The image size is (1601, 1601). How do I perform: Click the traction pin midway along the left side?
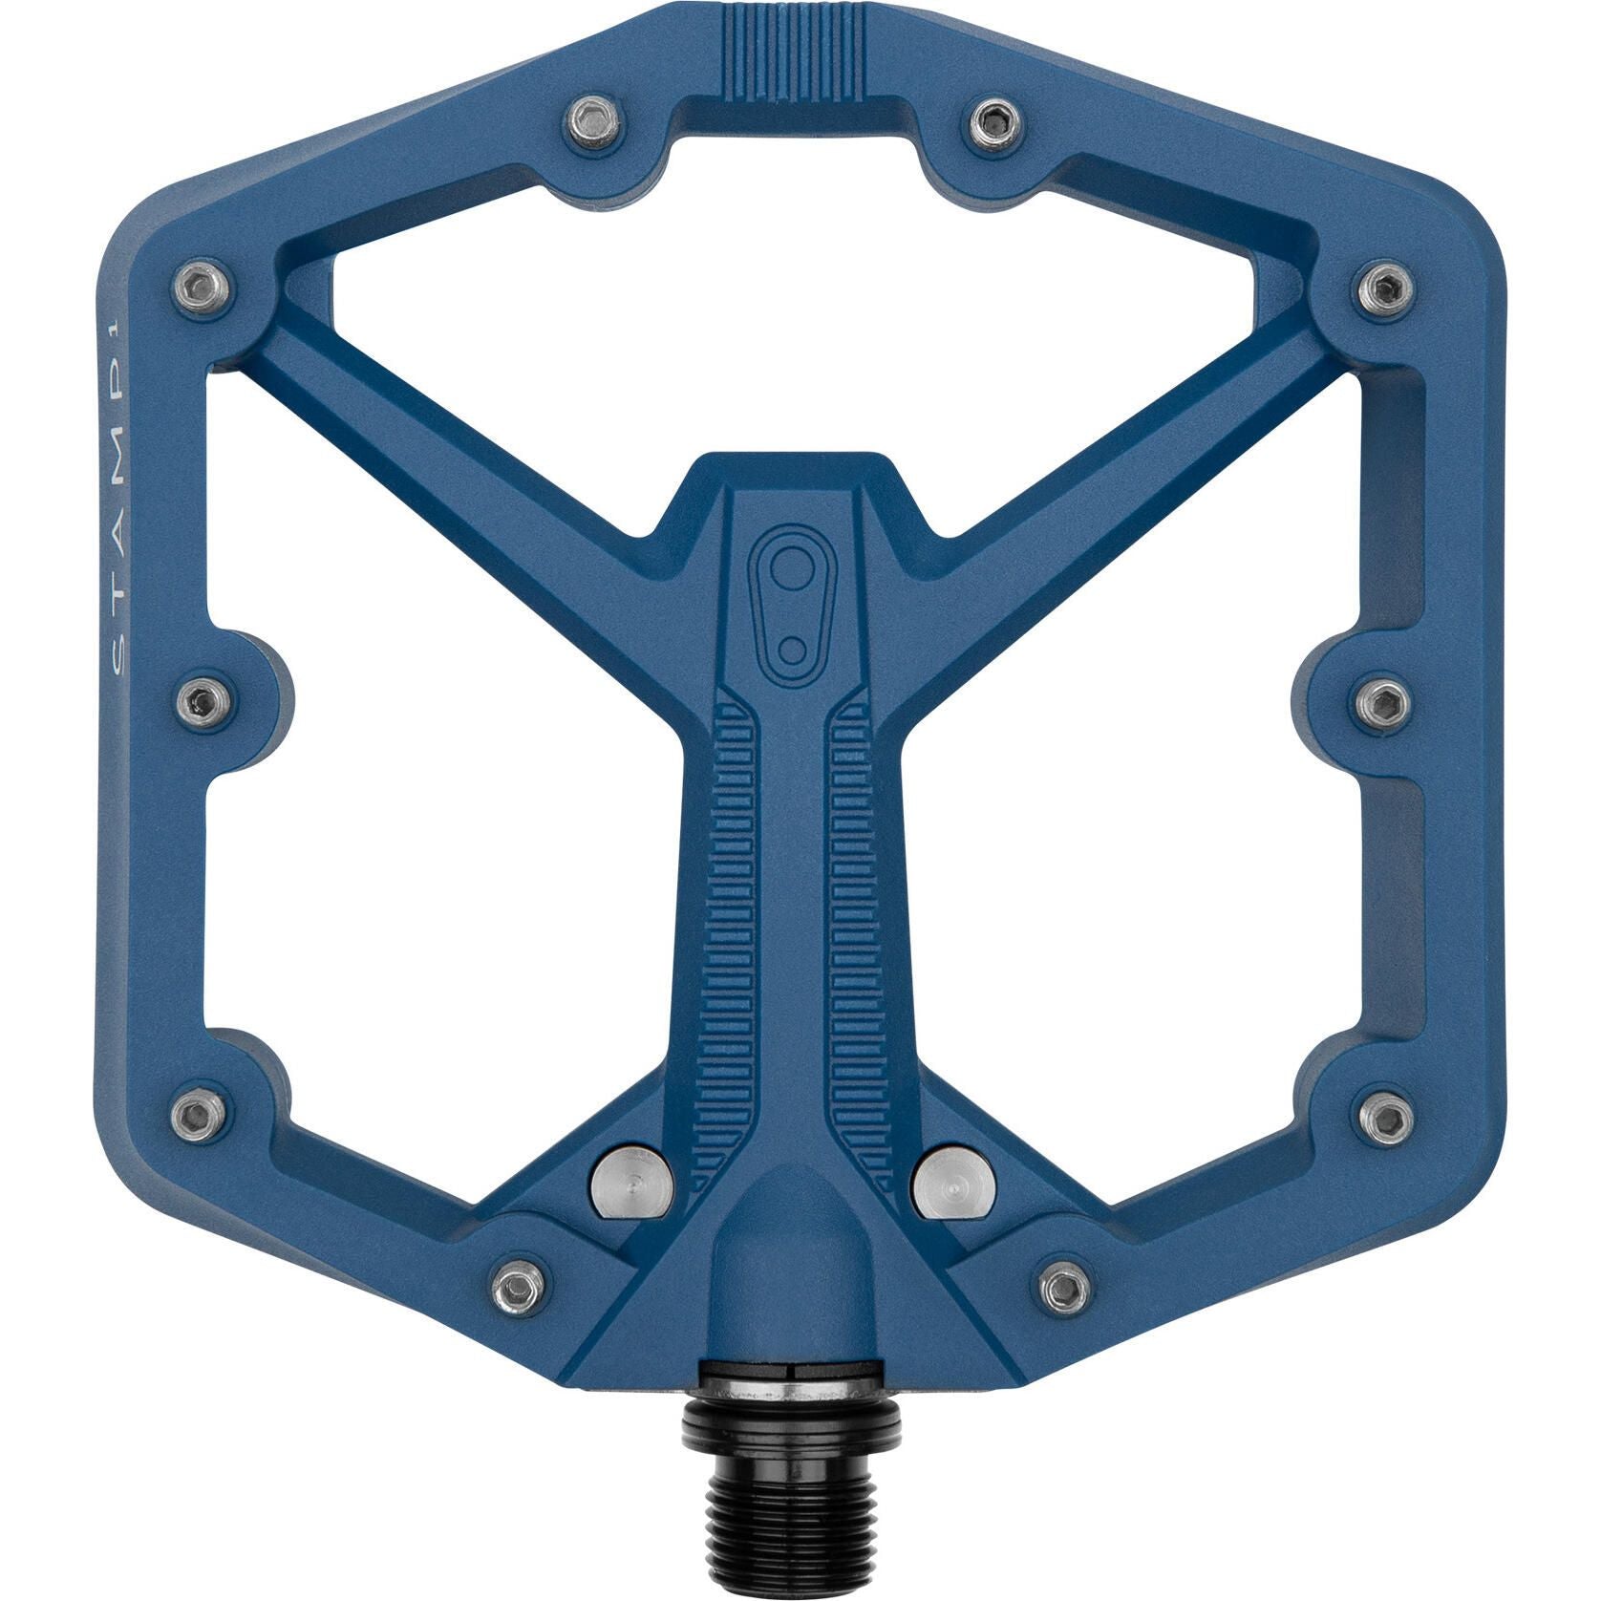[203, 702]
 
